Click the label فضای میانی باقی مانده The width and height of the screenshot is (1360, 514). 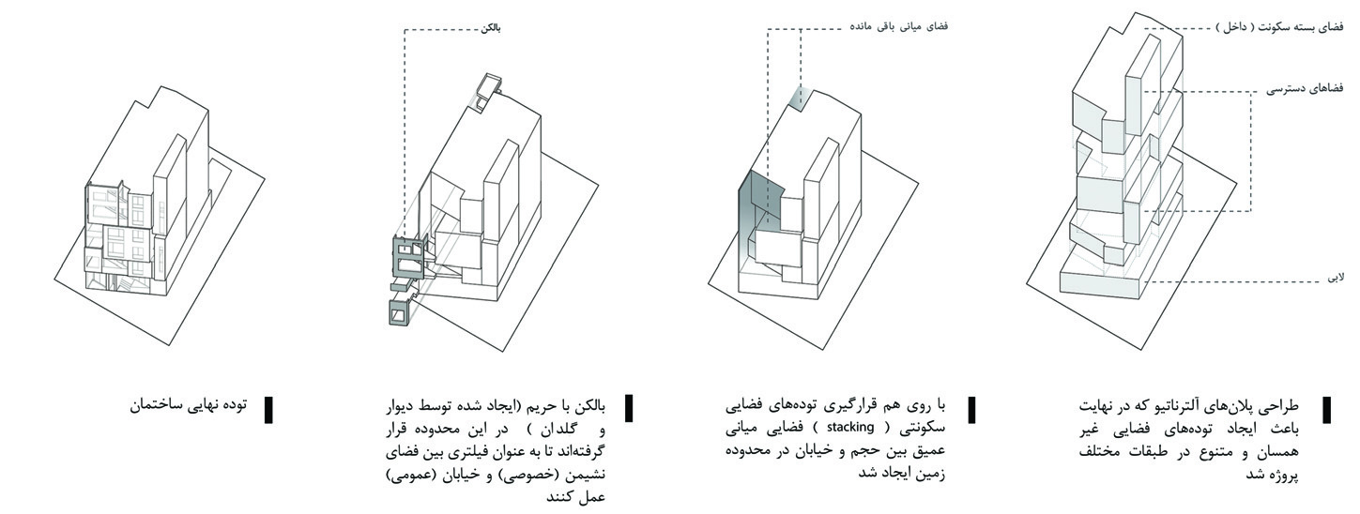(x=899, y=26)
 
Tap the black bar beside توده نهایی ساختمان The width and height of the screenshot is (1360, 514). (x=268, y=409)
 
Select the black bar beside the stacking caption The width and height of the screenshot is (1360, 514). (x=972, y=409)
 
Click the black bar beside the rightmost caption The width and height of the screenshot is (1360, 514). (x=1327, y=409)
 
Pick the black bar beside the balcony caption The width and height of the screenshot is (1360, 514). (x=629, y=407)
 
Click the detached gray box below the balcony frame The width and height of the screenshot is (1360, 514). (x=399, y=311)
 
